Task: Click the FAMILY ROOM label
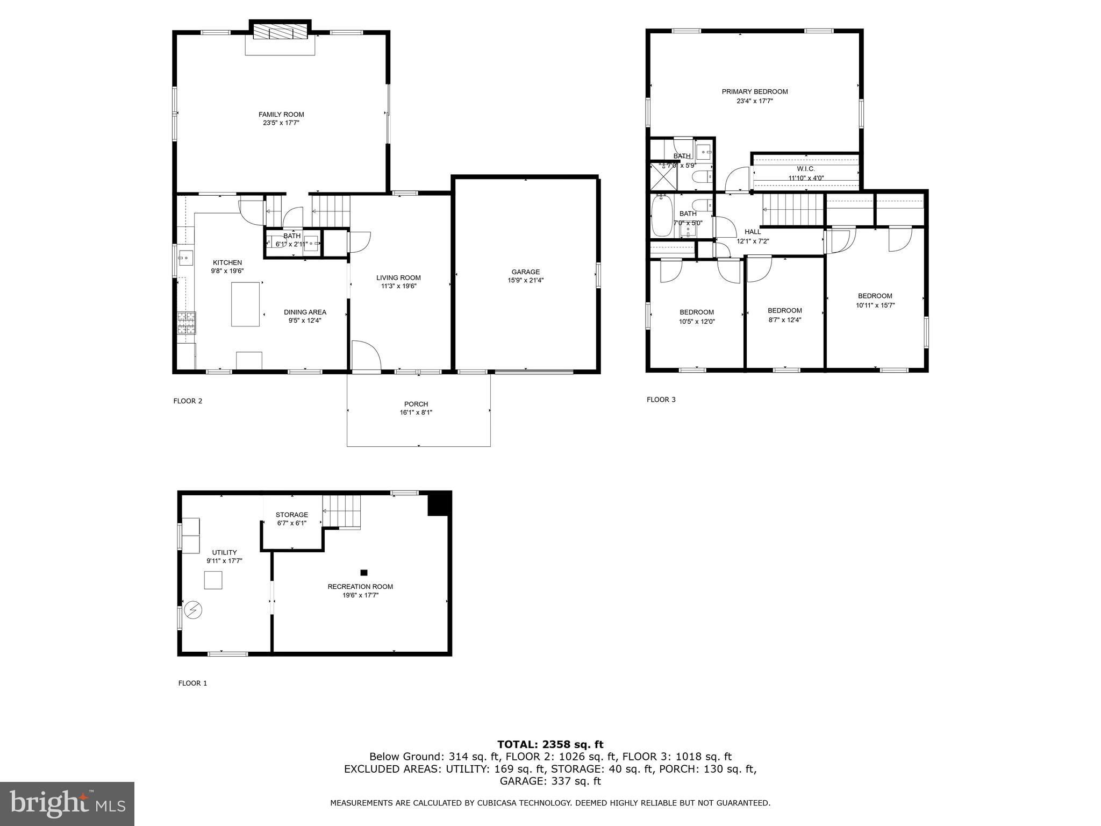pos(281,115)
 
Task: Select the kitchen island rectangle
pos(245,304)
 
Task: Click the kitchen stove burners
pos(187,324)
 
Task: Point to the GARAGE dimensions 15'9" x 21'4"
pos(525,280)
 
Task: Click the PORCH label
pos(416,404)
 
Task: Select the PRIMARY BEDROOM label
pos(754,92)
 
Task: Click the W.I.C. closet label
pos(805,169)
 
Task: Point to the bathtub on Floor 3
pos(661,216)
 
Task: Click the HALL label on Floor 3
pos(753,232)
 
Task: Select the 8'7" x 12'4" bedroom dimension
pos(784,320)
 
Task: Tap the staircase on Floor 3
pos(793,210)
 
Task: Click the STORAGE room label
pos(292,515)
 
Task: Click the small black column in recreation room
pos(364,573)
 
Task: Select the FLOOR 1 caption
pos(192,683)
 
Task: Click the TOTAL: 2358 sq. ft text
pos(550,744)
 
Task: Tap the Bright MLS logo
pos(67,803)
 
